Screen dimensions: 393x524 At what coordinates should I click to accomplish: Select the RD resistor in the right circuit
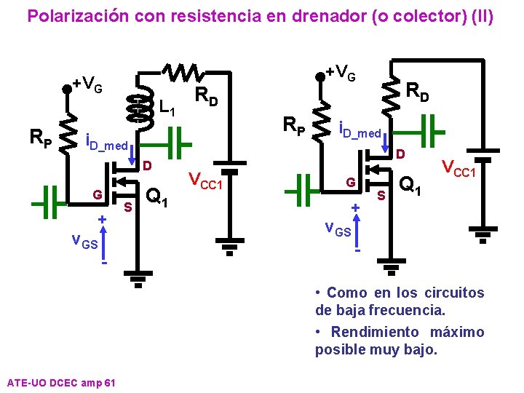click(394, 93)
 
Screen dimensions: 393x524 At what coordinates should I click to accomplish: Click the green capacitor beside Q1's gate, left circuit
click(51, 202)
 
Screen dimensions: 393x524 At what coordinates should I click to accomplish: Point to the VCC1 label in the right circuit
click(459, 168)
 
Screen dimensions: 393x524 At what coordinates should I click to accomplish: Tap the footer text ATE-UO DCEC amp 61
click(60, 382)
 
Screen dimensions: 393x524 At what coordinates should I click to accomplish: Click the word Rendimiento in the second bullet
click(375, 332)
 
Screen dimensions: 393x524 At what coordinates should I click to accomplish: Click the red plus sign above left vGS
click(103, 218)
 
